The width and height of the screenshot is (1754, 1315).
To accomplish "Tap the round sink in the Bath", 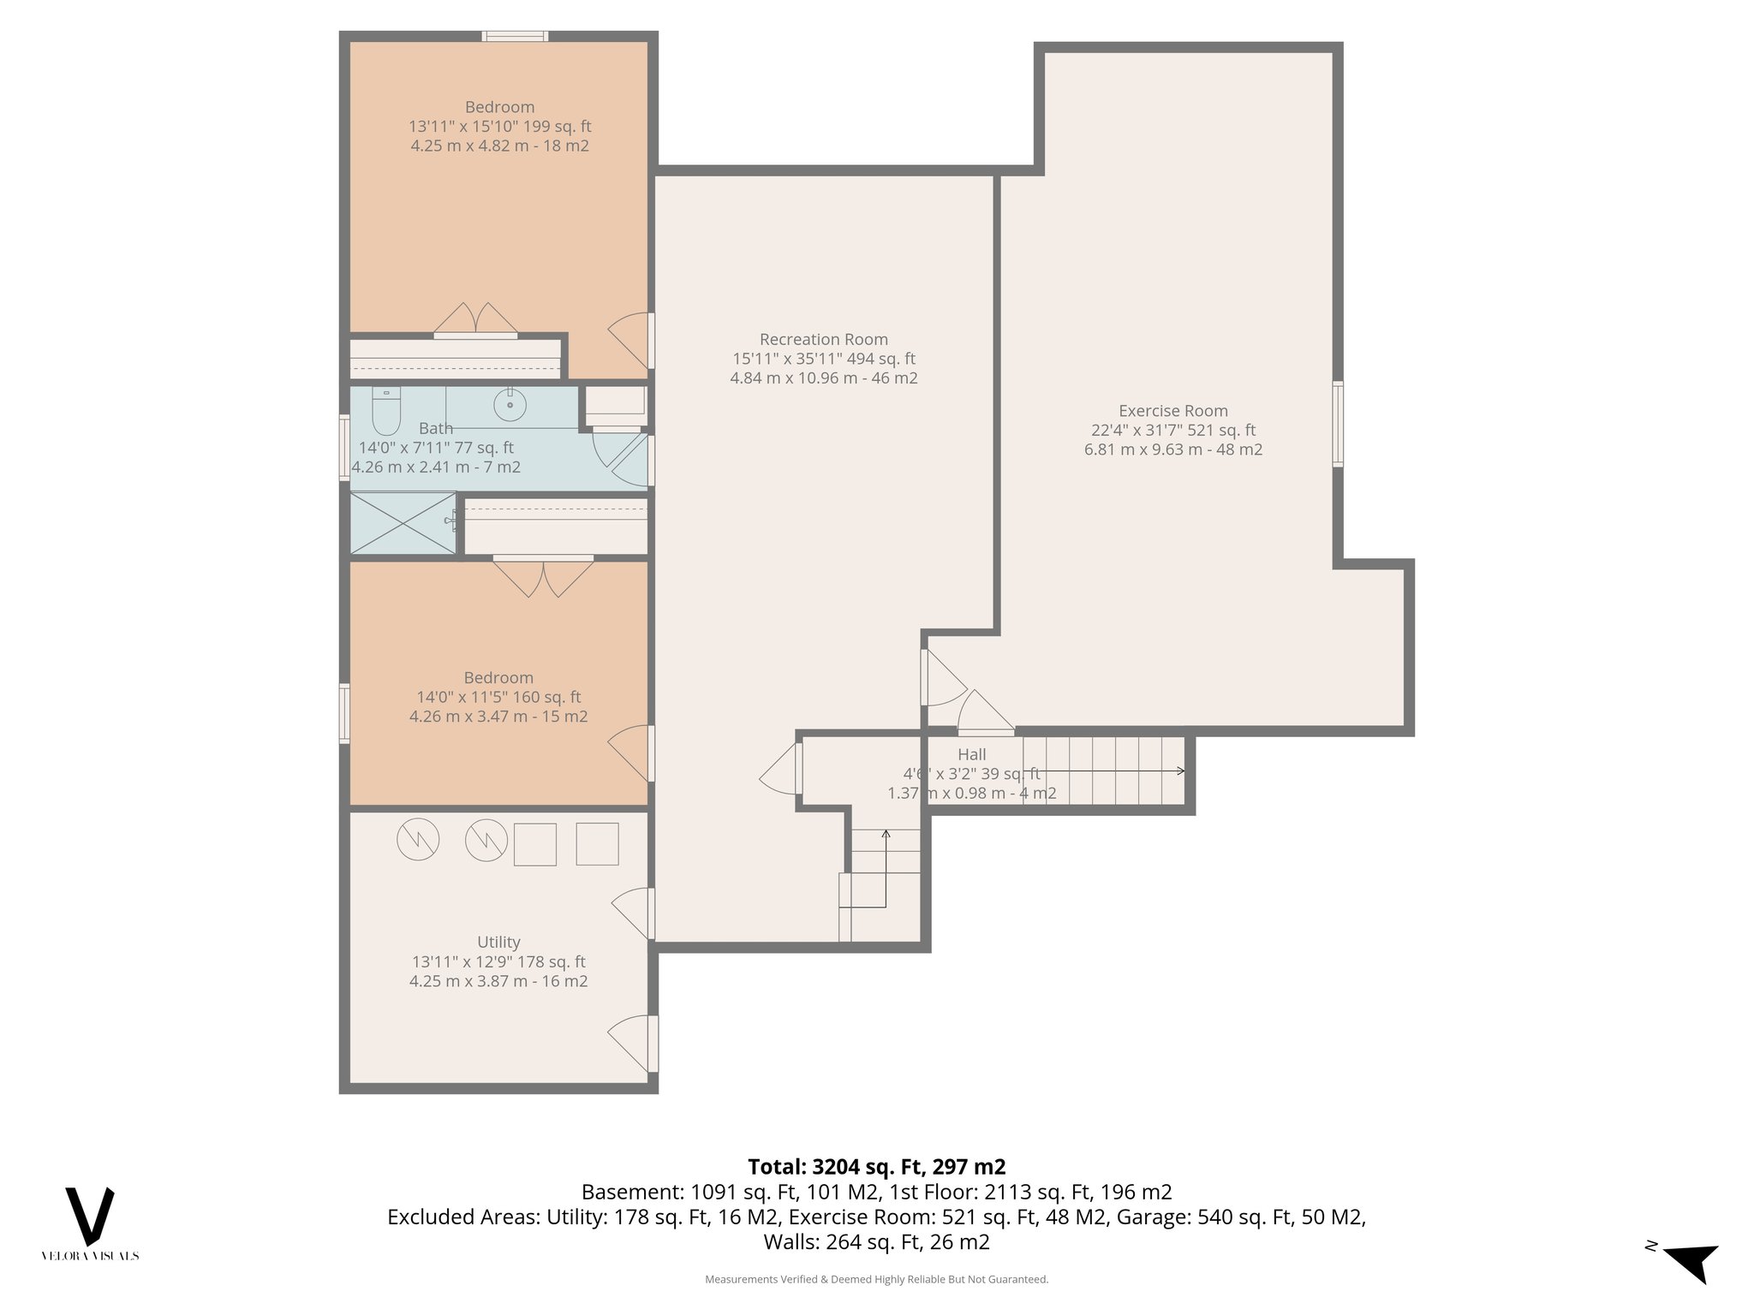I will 510,403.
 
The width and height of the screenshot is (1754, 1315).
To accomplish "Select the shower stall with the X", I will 403,523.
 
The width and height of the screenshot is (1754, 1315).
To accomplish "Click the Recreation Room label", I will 823,339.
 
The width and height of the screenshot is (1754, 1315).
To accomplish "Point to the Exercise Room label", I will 1172,411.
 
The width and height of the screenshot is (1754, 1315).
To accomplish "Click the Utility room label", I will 498,942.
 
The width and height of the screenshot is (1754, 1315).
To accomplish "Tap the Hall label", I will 971,754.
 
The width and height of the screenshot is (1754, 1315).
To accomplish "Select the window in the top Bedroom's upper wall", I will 514,36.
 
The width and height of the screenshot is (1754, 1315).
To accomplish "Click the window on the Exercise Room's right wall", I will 1337,424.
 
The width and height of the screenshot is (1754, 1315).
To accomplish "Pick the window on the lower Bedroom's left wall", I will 344,712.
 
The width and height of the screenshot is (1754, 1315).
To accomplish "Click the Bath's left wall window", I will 344,446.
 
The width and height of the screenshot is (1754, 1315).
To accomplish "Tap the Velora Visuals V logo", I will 90,1216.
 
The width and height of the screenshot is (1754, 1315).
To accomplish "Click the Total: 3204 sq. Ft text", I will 876,1167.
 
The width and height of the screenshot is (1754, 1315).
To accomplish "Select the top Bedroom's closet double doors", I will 475,320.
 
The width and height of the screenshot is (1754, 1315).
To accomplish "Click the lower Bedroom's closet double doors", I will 543,575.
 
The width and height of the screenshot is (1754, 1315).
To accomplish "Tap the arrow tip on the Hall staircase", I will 1182,771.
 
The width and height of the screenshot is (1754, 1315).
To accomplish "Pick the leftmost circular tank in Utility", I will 418,840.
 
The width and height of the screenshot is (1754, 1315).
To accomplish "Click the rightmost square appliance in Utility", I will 597,843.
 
